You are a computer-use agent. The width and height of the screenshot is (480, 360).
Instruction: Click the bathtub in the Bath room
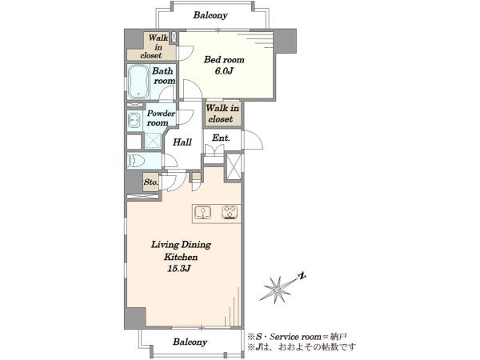[138, 82]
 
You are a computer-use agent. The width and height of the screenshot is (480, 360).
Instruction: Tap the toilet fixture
[136, 161]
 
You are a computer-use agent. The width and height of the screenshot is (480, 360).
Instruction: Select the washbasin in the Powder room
[134, 120]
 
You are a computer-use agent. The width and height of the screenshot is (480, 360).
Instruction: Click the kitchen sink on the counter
[202, 213]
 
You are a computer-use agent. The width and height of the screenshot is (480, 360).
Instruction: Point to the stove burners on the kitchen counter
[230, 213]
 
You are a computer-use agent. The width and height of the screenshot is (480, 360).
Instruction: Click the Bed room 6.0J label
[224, 65]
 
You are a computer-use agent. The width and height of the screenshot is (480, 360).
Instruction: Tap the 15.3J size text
[179, 269]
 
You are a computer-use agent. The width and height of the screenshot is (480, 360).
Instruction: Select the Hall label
[182, 142]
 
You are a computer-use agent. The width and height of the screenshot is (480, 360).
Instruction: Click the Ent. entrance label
[221, 138]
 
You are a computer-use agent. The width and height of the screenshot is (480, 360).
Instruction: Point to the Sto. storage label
[151, 182]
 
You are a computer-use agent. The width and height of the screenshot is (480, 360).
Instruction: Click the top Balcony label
[210, 15]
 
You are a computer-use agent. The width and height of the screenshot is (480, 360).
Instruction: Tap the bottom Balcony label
[190, 342]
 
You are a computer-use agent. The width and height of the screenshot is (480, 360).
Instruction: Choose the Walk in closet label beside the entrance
[222, 114]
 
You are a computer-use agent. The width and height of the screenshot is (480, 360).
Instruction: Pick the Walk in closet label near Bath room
[154, 47]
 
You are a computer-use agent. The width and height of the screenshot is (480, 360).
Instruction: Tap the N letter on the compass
[302, 277]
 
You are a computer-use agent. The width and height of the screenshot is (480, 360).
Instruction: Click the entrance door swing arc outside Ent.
[258, 138]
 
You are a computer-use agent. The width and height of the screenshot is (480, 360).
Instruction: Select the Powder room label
[161, 118]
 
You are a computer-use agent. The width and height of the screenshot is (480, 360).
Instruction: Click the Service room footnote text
[298, 337]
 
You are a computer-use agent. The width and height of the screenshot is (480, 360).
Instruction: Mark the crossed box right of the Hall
[234, 167]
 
